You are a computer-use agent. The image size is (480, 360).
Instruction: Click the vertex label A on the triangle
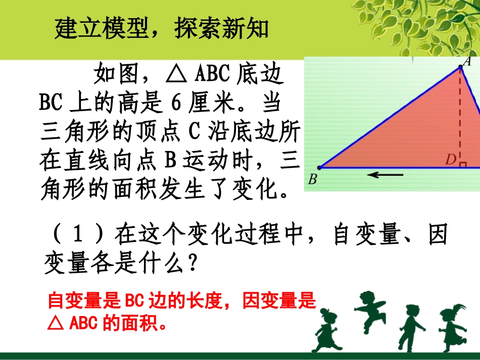[467, 62]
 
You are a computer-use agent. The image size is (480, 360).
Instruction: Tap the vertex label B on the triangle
[312, 179]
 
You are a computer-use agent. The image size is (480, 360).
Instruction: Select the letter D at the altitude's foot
[450, 160]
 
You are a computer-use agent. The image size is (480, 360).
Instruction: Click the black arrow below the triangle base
[385, 175]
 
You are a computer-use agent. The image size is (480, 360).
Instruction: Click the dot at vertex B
[319, 168]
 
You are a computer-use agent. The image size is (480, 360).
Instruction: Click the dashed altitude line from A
[460, 116]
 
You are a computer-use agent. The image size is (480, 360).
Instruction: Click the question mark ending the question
[190, 264]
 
